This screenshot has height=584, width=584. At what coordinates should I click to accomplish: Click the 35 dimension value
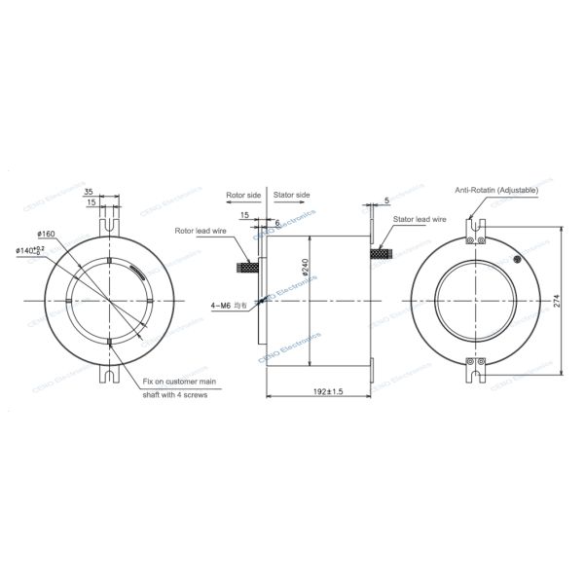pos(89,192)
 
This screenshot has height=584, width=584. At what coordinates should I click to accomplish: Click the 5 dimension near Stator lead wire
pos(386,201)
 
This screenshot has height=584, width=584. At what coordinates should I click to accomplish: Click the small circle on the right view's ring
pos(519,258)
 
